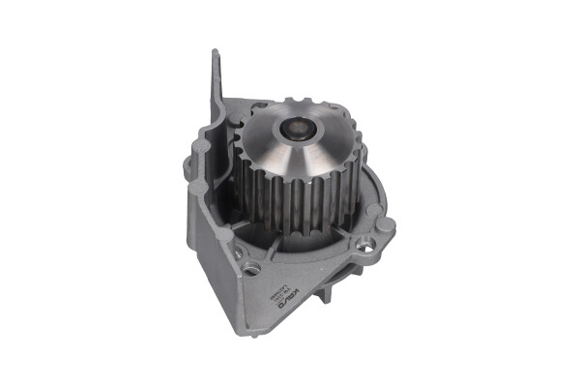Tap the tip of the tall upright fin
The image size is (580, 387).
(214, 53)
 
